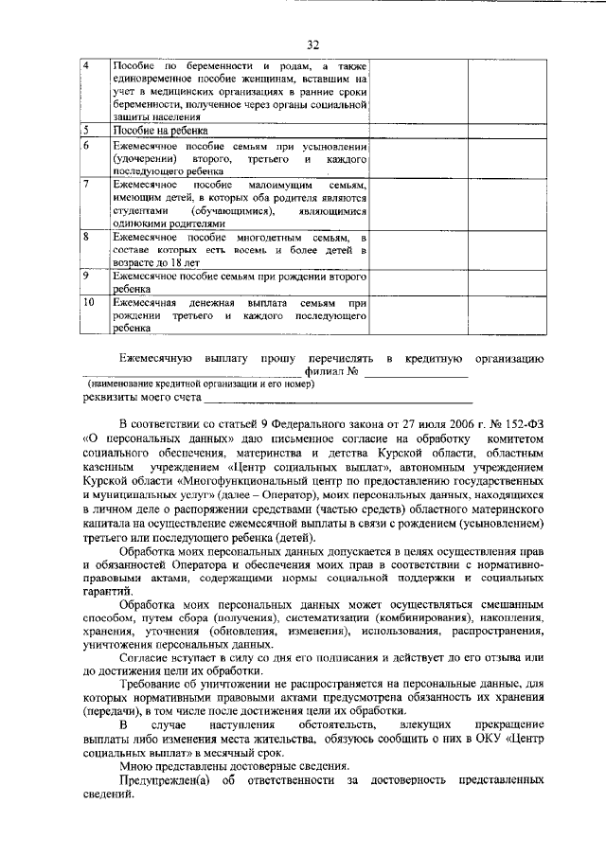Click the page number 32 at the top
(x=313, y=44)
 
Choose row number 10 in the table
(x=88, y=301)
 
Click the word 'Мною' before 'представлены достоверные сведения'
(x=136, y=764)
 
